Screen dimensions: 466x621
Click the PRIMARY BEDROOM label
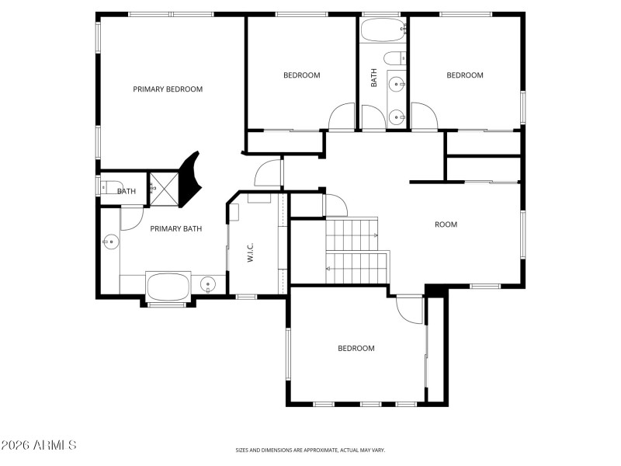168,89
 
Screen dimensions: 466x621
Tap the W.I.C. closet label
251,252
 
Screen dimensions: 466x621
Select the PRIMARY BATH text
176,228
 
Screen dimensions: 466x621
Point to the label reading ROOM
446,224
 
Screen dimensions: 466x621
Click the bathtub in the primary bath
168,287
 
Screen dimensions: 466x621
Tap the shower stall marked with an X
163,186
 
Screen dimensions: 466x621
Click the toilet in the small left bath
106,187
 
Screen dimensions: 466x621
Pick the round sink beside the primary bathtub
208,285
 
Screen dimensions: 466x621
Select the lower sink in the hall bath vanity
397,117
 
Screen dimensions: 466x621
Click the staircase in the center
356,250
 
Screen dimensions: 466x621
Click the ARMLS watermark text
39,445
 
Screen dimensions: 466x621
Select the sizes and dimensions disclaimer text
310,450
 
